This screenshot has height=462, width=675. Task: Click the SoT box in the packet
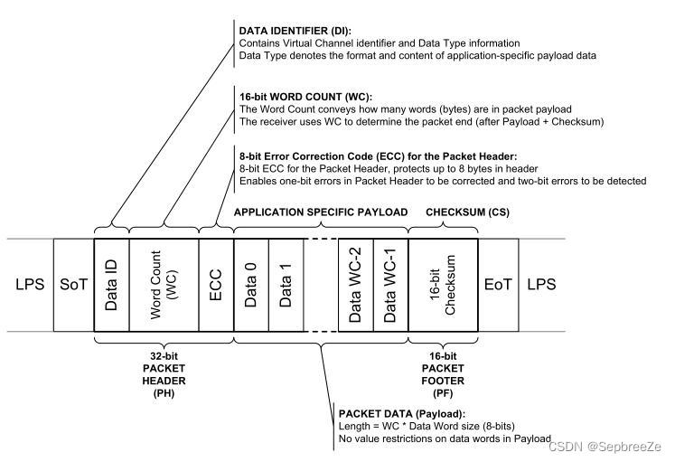[73, 284]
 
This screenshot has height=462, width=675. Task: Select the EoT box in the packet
[498, 284]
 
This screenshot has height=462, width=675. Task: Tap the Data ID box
[112, 284]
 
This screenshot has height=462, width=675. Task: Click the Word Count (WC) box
[164, 284]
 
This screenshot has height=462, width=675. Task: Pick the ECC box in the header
[215, 284]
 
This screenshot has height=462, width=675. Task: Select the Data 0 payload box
[250, 284]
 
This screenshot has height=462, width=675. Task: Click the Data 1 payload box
[285, 284]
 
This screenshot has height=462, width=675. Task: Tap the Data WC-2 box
[356, 284]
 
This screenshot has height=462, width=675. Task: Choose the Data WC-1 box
[390, 284]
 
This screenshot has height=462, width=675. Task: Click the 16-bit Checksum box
[443, 284]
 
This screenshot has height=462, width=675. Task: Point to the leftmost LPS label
[30, 284]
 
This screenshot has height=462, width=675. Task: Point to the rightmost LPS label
[541, 284]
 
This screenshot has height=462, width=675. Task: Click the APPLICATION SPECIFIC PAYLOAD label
[321, 212]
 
